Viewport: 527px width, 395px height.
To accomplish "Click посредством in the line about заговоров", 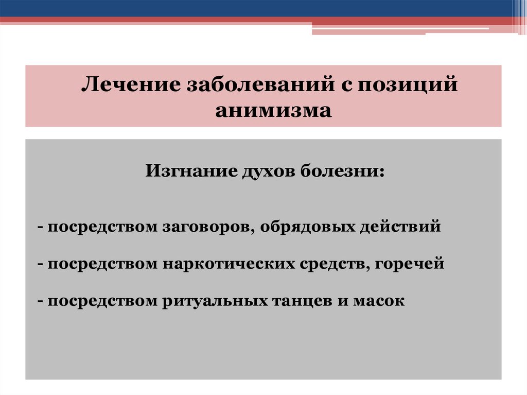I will pyautogui.click(x=103, y=227).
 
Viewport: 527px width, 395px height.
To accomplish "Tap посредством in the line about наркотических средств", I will pyautogui.click(x=103, y=264).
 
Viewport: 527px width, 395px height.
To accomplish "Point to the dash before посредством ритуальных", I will pyautogui.click(x=40, y=301).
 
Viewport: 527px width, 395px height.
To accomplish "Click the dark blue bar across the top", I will pyautogui.click(x=257, y=8).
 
